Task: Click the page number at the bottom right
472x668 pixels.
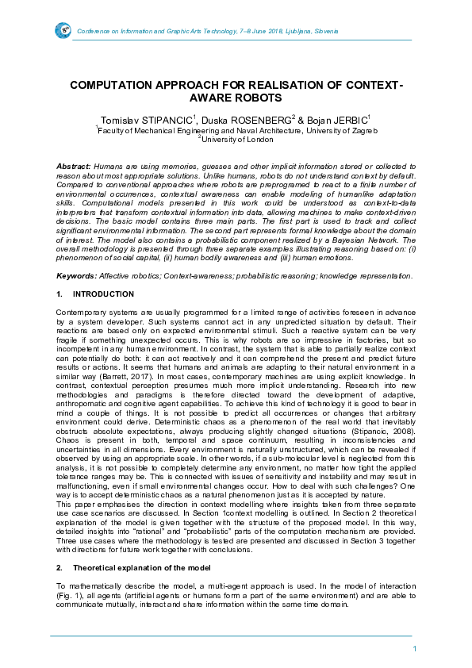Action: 415,650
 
